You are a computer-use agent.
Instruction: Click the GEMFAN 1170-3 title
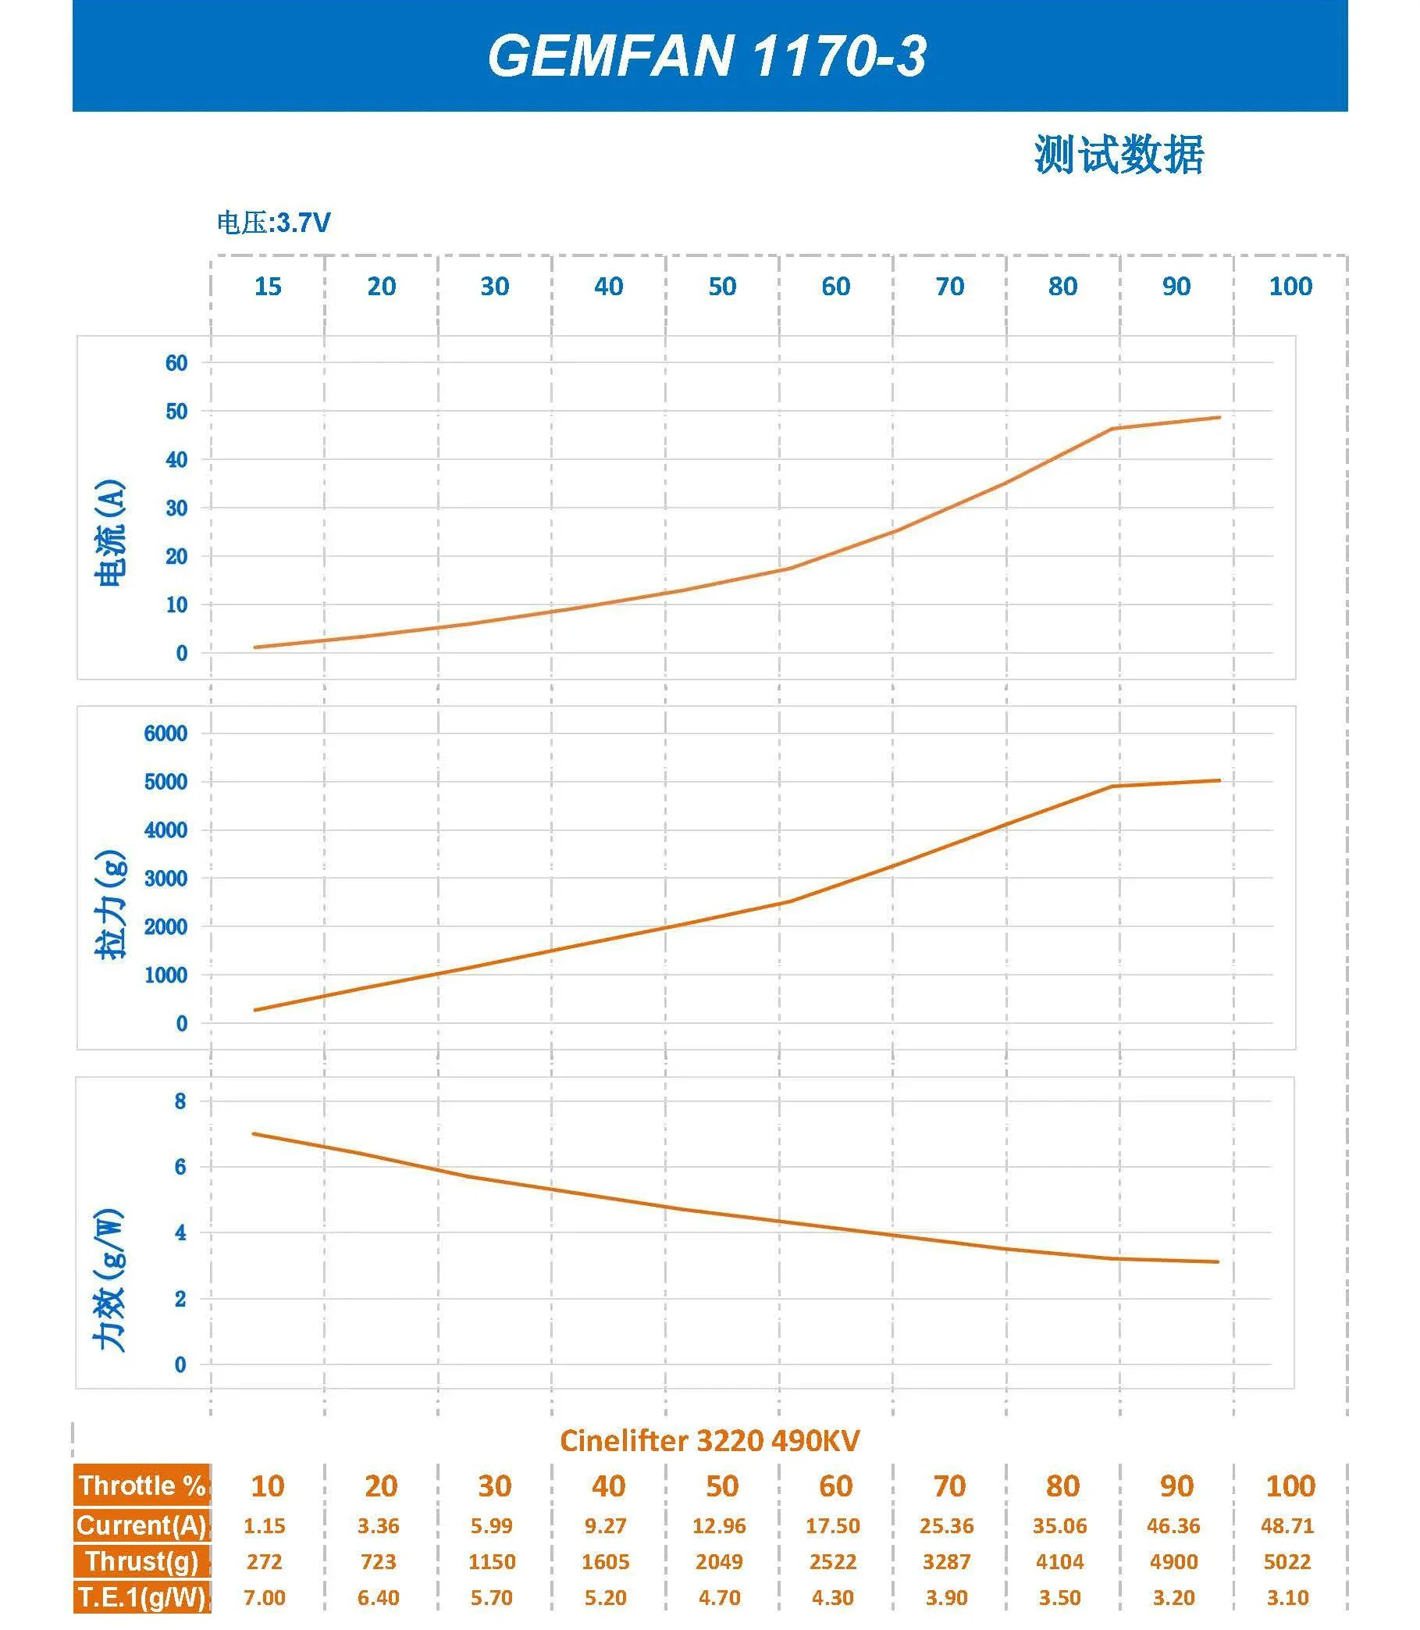coord(706,57)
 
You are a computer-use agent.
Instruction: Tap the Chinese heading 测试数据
coord(1118,155)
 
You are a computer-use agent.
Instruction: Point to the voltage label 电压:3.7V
coord(273,223)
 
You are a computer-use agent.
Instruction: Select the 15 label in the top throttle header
coord(268,286)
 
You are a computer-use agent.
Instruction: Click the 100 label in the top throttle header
coord(1290,286)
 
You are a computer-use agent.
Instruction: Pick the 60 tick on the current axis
coord(176,363)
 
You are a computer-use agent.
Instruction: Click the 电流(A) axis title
coord(110,533)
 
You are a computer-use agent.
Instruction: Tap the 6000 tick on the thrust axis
coord(165,733)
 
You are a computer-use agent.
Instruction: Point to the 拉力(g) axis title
coord(110,904)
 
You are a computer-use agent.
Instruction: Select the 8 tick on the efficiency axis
coord(180,1101)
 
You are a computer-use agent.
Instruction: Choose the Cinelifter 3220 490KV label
coord(709,1440)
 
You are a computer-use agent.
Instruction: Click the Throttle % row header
coord(142,1485)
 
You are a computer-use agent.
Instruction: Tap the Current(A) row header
coord(142,1525)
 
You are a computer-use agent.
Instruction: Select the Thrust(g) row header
coord(142,1560)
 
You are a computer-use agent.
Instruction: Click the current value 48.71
coord(1287,1525)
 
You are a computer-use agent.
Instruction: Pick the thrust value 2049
coord(719,1561)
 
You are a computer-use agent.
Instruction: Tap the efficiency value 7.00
coord(264,1596)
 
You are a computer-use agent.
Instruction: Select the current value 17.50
coord(832,1525)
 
